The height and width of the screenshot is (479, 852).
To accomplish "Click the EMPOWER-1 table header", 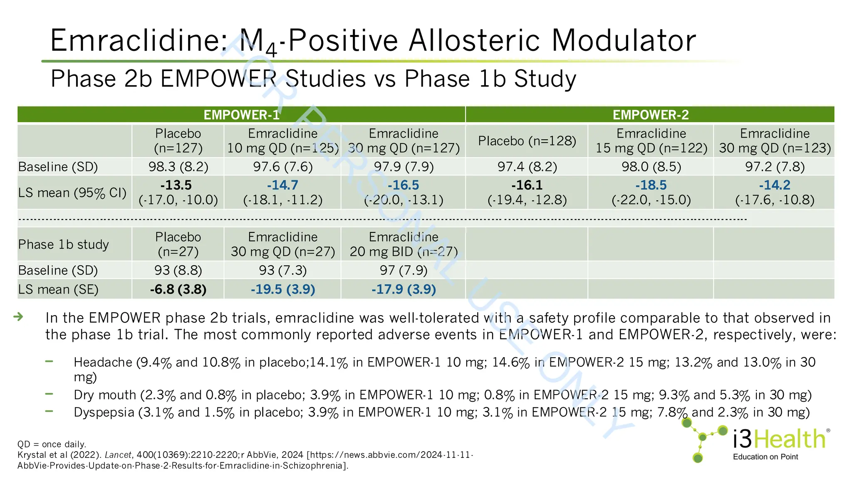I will (x=241, y=115).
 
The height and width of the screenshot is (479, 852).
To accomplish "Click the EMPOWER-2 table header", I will (x=650, y=115).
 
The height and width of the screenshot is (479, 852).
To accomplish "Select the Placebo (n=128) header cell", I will (x=527, y=141).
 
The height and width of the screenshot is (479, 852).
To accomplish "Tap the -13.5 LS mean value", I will (x=176, y=185).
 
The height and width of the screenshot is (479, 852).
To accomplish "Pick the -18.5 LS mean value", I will (x=651, y=185).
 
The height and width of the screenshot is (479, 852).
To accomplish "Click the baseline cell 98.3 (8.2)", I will (x=178, y=167).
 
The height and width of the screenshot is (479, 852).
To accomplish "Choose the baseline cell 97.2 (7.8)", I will (x=774, y=167).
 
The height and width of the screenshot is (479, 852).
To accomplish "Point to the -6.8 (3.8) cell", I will (x=178, y=289).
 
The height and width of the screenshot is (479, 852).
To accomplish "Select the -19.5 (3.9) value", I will (x=283, y=289).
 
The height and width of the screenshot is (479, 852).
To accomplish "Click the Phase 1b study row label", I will (x=63, y=244).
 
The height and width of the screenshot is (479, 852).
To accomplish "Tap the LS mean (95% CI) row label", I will (x=72, y=193).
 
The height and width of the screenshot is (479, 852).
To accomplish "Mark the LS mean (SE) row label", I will (x=58, y=289).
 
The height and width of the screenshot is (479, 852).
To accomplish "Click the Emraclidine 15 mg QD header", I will (x=651, y=141).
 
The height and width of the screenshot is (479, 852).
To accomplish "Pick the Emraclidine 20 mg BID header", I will (x=403, y=244).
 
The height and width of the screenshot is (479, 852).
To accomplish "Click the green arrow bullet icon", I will (x=18, y=317).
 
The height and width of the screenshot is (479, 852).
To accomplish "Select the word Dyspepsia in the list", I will (x=104, y=412).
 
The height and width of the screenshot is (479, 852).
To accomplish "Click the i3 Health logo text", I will (x=779, y=439).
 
